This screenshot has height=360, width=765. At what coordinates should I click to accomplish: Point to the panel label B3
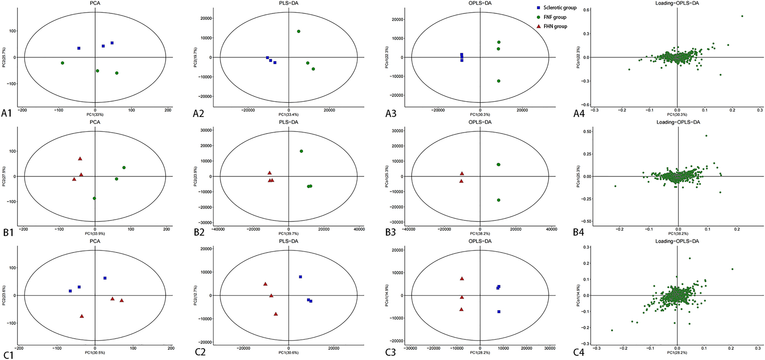point(391,232)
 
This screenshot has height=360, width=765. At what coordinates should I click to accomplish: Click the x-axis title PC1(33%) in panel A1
point(95,114)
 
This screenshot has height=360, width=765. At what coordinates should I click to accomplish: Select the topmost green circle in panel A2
point(299,31)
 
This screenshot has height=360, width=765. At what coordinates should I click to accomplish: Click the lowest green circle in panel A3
point(499,81)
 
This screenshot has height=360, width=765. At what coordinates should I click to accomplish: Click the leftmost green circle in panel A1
point(63,63)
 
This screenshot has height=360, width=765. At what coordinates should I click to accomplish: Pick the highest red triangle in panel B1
point(80,159)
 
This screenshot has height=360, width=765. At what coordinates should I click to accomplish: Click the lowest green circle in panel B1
point(95,198)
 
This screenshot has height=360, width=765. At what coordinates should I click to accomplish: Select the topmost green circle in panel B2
point(302,151)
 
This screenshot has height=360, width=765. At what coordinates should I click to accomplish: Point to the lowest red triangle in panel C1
point(82,316)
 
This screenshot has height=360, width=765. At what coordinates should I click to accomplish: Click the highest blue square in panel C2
point(300,277)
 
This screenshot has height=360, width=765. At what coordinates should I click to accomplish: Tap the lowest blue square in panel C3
point(499,312)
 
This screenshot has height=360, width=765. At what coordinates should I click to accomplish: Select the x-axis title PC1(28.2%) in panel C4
point(677,353)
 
